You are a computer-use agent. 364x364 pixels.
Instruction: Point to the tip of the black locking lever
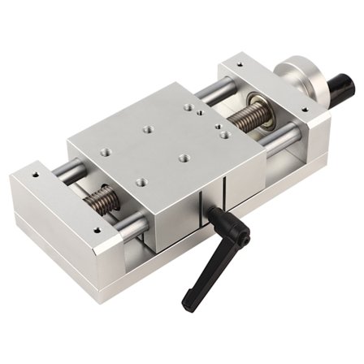188,306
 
